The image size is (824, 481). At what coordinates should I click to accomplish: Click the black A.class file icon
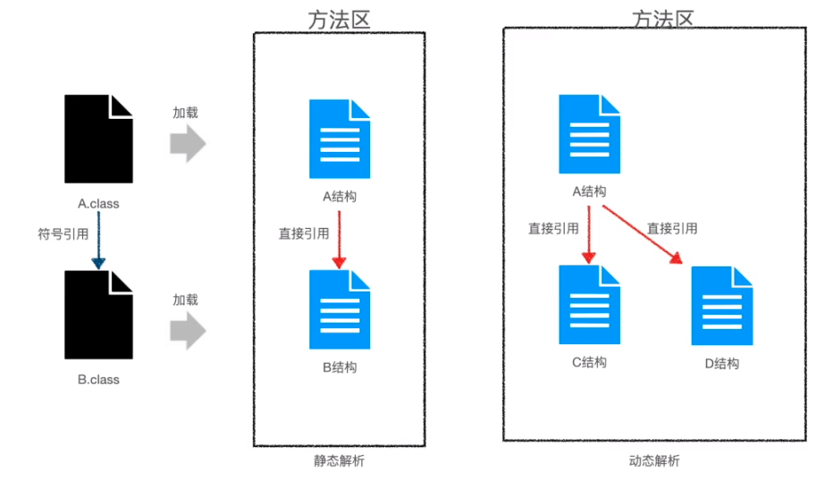tap(98, 138)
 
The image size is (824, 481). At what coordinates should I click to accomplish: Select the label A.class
tap(98, 203)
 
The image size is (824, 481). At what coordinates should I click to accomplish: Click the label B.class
tap(98, 380)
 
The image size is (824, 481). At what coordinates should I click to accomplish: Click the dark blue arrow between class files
tap(98, 241)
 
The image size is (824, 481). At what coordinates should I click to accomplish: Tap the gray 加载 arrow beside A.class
tap(188, 144)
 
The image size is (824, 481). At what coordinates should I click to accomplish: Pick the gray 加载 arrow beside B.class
tap(188, 330)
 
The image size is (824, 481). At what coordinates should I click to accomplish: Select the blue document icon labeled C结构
tap(589, 305)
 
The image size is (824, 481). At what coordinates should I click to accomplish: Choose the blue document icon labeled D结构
tap(721, 306)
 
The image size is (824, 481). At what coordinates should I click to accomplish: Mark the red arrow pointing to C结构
tap(589, 233)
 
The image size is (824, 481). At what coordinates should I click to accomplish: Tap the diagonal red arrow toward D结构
tap(642, 234)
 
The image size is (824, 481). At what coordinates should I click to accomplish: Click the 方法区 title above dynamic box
tap(662, 18)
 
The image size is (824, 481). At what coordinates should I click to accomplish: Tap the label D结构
tap(721, 363)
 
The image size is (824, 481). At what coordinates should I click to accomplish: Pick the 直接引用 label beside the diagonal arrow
tap(672, 228)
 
